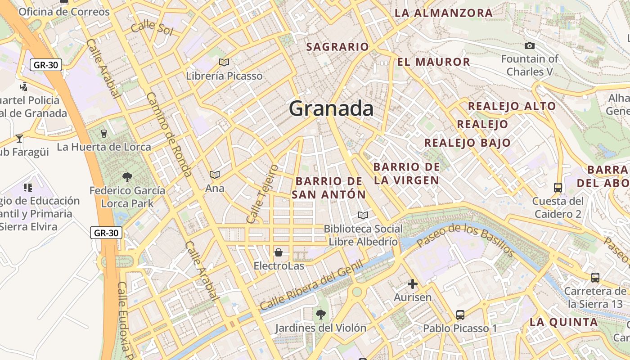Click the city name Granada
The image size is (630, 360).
(331, 109)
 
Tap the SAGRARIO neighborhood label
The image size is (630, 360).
(337, 47)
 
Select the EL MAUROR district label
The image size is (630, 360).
(433, 62)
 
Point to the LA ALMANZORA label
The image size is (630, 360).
(443, 13)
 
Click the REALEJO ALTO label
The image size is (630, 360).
(512, 106)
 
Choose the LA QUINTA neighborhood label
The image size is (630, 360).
(563, 322)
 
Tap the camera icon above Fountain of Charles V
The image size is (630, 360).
(530, 45)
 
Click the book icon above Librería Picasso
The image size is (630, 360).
(224, 62)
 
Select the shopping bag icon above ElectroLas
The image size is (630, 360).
(279, 252)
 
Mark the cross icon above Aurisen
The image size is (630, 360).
(412, 284)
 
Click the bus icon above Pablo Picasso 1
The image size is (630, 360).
(460, 315)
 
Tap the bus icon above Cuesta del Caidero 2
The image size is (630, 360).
(558, 187)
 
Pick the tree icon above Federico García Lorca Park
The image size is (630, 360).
(127, 177)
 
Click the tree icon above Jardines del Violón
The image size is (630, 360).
(320, 314)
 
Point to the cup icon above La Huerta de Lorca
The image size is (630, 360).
(104, 134)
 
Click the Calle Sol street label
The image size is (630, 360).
(152, 28)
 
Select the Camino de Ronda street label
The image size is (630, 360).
(170, 135)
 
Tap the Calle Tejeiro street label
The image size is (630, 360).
(263, 193)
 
